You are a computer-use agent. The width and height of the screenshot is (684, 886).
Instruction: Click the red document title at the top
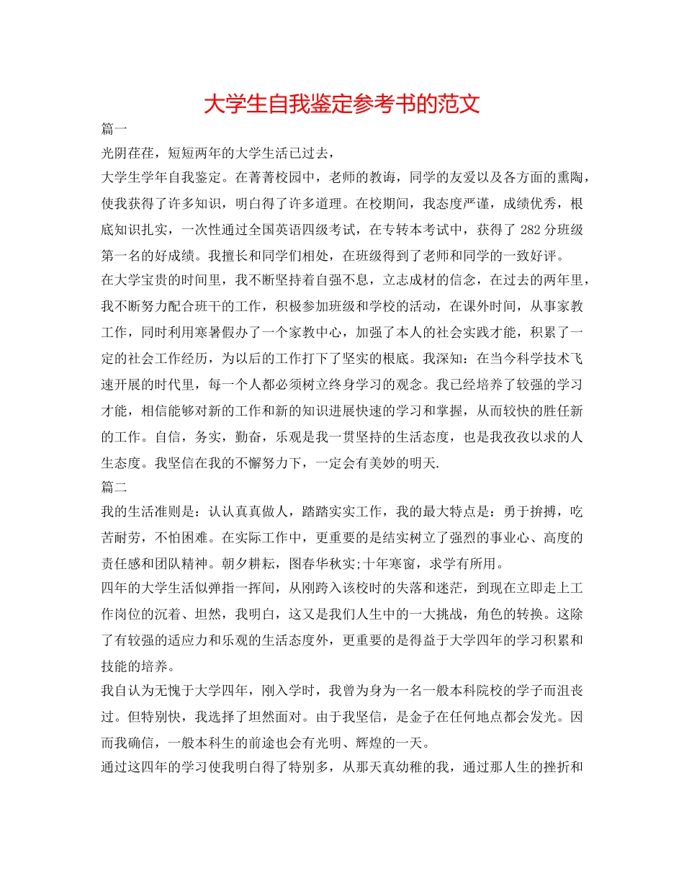pyautogui.click(x=342, y=104)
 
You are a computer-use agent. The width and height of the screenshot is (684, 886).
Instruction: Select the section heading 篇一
pyautogui.click(x=114, y=130)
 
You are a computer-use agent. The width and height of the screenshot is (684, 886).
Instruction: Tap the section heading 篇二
pyautogui.click(x=114, y=488)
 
